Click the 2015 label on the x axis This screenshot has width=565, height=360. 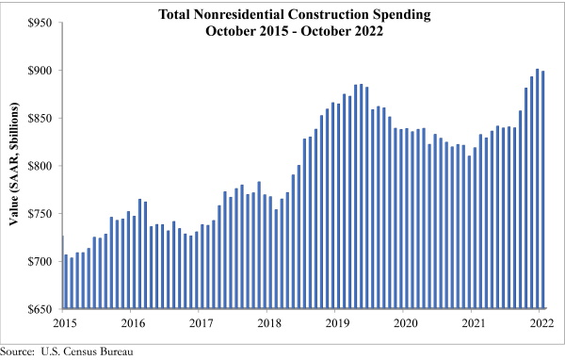63,324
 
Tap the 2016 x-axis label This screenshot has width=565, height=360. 133,324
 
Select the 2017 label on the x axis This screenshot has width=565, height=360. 202,324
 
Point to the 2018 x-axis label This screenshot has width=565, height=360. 268,324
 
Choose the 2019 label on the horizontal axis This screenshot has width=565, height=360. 337,324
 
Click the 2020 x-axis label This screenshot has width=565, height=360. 405,324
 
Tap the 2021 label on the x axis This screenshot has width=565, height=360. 474,324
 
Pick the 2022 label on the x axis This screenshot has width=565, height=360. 541,324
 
